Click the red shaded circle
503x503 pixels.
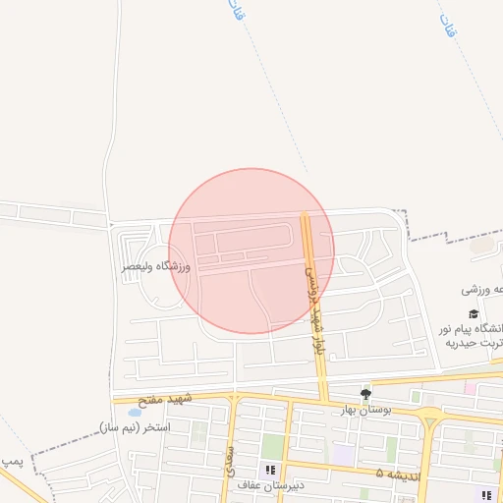click(x=251, y=251)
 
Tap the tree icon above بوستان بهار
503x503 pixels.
click(x=366, y=394)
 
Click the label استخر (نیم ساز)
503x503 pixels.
click(x=135, y=427)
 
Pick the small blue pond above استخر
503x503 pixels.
click(x=134, y=413)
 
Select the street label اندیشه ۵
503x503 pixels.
click(x=394, y=473)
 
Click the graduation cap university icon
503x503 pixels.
click(x=475, y=312)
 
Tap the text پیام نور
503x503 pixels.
click(x=472, y=327)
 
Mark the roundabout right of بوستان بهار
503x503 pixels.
click(x=429, y=422)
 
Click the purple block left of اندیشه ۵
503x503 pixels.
click(x=343, y=455)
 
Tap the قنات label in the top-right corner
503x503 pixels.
click(x=451, y=27)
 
